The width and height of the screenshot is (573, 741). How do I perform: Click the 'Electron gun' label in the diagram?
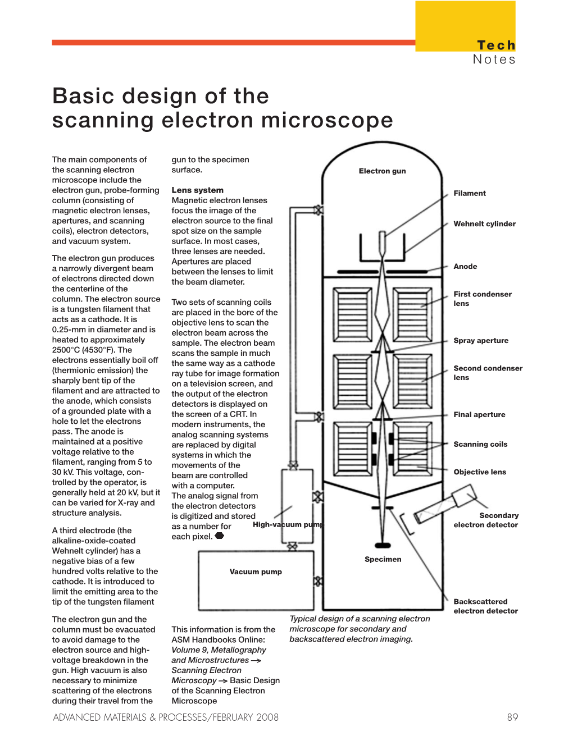tap(382, 171)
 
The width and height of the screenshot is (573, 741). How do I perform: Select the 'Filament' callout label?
tap(470, 193)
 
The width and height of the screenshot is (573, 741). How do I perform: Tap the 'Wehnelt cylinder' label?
tap(484, 223)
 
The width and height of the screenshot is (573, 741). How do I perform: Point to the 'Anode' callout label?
tap(465, 266)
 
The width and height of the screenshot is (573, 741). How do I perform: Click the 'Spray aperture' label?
tap(481, 340)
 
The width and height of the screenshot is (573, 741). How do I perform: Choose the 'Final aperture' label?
tap(479, 414)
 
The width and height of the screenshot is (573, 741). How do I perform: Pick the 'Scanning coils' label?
tap(480, 444)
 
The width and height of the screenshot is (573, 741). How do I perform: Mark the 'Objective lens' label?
tap(480, 472)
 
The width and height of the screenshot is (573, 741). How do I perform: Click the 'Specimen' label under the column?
tap(383, 559)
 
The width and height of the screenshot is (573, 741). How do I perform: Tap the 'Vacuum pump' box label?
tap(256, 571)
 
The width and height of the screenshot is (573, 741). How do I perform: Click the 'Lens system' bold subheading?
tap(197, 190)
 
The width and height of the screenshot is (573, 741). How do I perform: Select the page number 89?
tap(512, 717)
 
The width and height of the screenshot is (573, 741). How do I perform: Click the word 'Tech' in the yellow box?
tap(495, 45)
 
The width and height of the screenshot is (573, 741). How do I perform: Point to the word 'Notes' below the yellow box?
tap(494, 60)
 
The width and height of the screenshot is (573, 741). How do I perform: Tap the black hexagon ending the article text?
tap(220, 536)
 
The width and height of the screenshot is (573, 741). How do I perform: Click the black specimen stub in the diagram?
tap(383, 545)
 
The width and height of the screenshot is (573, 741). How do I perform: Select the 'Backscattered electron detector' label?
tap(485, 606)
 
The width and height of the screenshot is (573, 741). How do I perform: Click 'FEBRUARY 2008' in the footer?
tap(245, 717)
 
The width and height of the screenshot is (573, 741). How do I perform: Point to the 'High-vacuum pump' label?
tap(288, 524)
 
